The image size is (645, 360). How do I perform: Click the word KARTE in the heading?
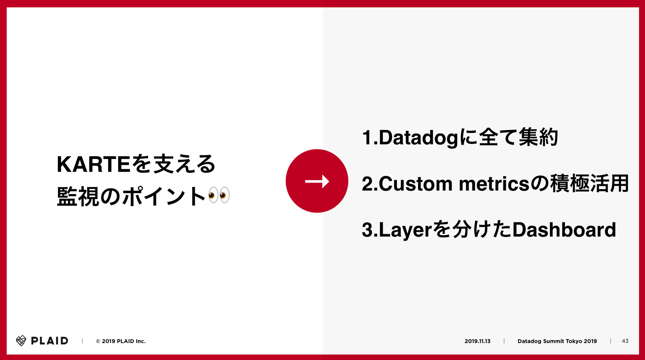coord(94,164)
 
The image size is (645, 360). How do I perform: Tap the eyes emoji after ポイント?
coord(219,195)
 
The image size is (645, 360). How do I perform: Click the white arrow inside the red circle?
coord(317,181)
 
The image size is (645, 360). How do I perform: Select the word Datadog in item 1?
coord(418,138)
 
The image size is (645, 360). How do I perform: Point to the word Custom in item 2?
coord(416,184)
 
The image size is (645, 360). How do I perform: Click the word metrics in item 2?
coord(494,184)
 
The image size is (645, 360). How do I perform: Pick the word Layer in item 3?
coord(405,230)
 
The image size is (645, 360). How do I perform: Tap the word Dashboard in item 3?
coord(564,230)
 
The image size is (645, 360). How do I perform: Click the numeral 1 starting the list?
coord(367,138)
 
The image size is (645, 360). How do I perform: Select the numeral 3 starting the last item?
coord(367,230)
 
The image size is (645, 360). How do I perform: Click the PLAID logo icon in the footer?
coord(21,341)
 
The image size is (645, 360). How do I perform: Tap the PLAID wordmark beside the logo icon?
coord(50,341)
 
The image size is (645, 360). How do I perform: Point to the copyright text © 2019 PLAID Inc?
coord(121,341)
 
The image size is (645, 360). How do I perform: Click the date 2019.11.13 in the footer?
coord(477,341)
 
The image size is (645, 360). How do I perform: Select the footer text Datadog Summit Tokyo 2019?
coord(557,341)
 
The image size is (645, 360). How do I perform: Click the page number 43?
coord(625,341)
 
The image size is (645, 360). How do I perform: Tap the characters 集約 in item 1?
coord(538,137)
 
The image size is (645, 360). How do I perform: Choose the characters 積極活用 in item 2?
coord(590,183)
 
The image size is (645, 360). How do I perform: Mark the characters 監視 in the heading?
coord(78,196)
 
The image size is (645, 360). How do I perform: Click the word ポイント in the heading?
coord(164,196)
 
